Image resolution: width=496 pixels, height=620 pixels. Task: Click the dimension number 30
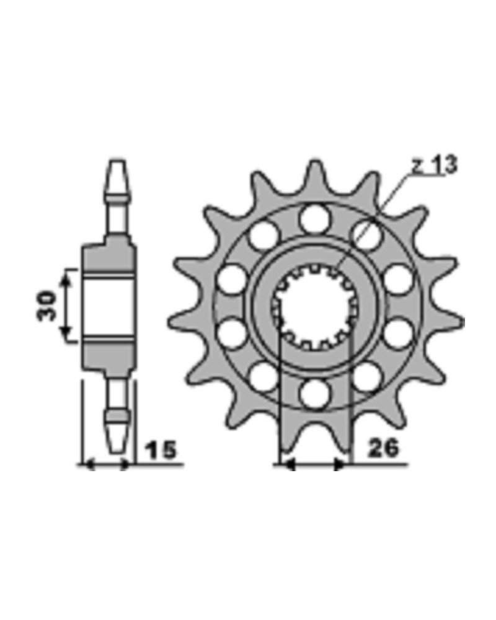tap(46, 306)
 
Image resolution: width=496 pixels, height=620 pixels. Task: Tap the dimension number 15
tap(161, 450)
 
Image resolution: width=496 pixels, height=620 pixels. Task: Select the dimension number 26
tap(384, 448)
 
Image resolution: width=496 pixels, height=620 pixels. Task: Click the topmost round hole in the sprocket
tap(314, 219)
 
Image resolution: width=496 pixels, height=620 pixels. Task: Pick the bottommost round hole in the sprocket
tap(314, 394)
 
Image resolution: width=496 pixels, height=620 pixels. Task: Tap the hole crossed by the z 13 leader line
tap(367, 236)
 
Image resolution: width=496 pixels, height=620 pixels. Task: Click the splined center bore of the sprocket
tap(315, 306)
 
